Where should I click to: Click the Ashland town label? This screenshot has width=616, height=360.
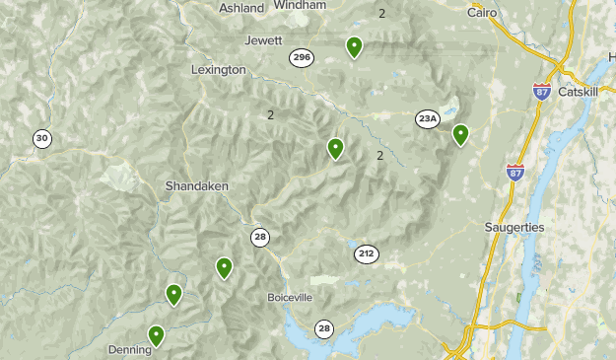[241, 7]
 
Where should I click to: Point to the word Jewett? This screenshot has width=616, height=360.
[263, 40]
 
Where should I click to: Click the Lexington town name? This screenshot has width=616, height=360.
[218, 70]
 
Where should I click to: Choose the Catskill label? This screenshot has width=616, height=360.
[578, 92]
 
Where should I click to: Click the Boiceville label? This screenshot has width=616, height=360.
[290, 297]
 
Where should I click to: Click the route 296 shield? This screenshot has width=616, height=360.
[302, 58]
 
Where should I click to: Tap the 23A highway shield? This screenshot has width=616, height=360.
[427, 119]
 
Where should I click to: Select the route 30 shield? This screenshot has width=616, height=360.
[41, 139]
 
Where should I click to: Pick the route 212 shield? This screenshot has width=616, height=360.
[367, 254]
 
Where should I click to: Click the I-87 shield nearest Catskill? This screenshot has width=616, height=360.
[542, 90]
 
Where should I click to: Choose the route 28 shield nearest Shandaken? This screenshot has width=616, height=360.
[259, 236]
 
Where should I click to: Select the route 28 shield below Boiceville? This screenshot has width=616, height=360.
[324, 328]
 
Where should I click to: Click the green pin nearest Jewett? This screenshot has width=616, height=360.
[354, 45]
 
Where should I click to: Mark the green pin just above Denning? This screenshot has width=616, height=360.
[156, 335]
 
